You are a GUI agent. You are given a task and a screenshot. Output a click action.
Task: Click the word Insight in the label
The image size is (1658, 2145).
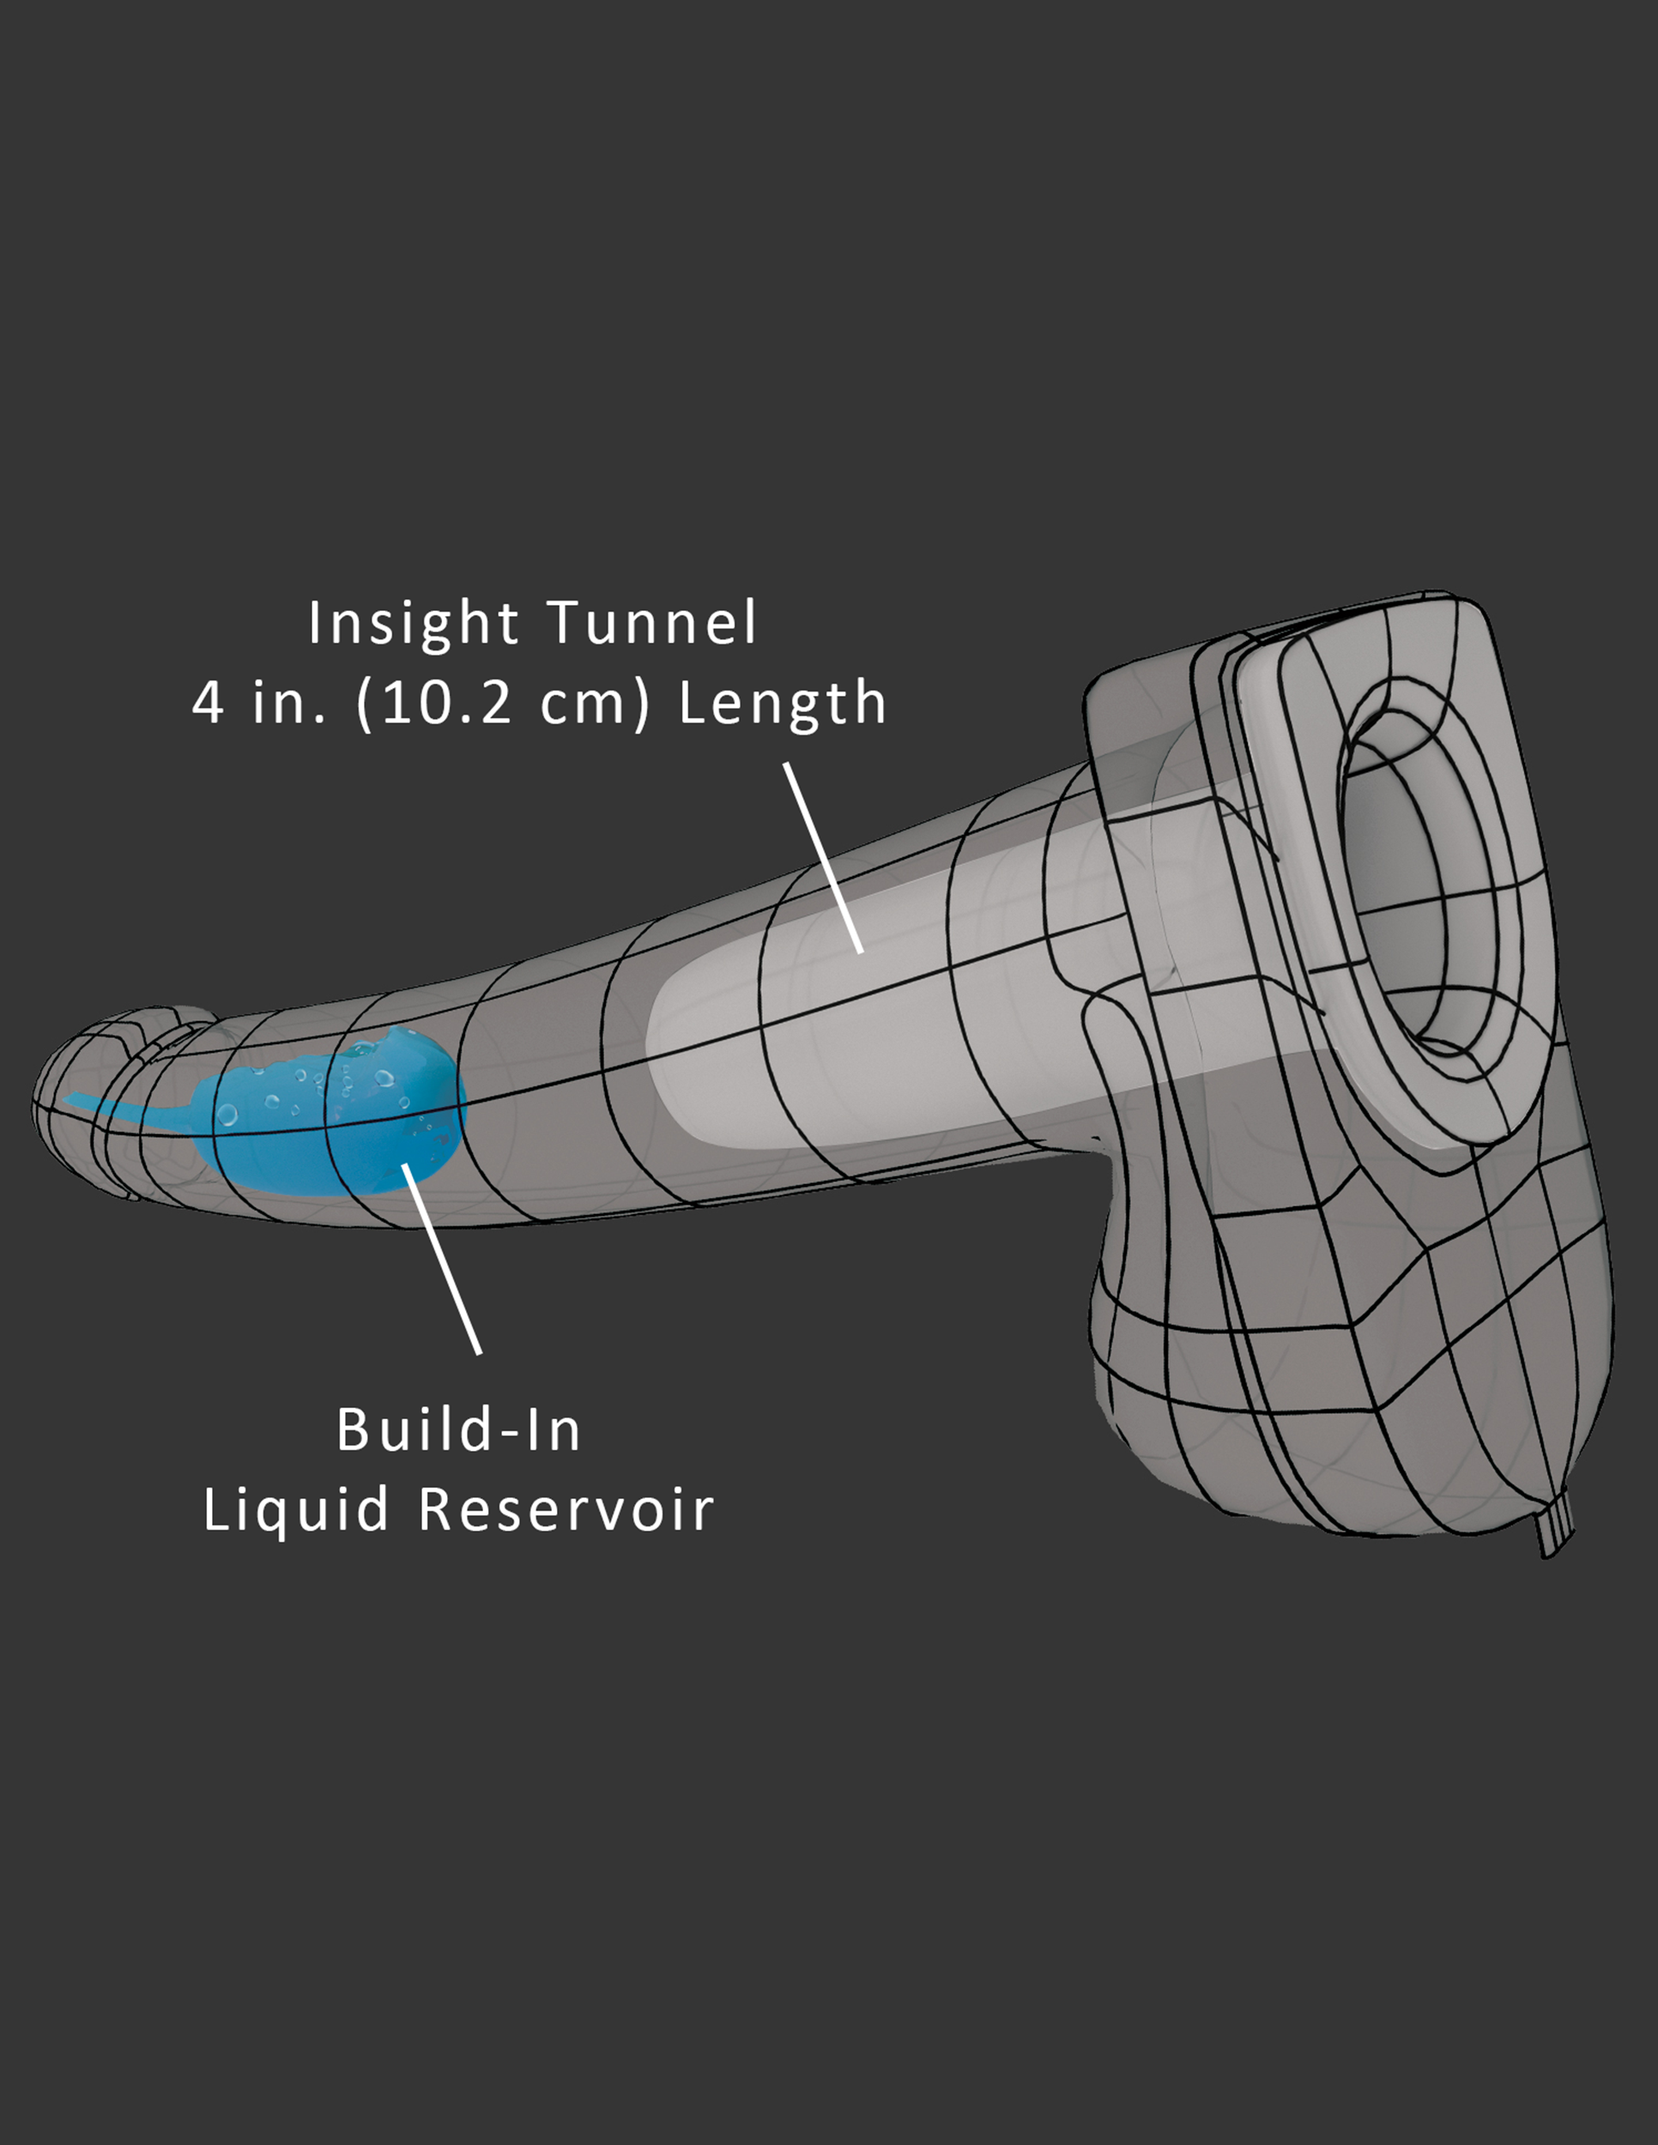pyautogui.click(x=413, y=625)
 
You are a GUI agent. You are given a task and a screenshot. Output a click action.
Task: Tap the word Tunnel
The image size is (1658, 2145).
pyautogui.click(x=652, y=625)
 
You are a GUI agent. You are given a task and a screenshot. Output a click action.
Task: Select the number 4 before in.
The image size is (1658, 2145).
pyautogui.click(x=209, y=705)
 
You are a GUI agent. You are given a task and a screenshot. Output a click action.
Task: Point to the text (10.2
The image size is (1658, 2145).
pyautogui.click(x=433, y=705)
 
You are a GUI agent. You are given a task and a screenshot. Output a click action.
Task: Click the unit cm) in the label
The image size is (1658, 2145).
pyautogui.click(x=596, y=705)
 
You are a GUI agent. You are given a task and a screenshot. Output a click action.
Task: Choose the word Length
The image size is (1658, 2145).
pyautogui.click(x=783, y=705)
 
